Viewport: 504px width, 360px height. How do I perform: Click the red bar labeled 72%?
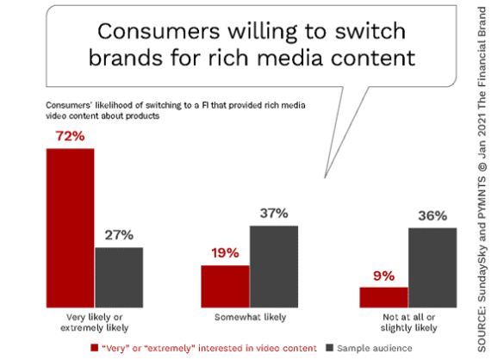(70, 228)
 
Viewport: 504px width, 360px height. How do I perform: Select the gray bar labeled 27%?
(119, 277)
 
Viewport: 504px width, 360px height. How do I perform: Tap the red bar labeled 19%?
(225, 287)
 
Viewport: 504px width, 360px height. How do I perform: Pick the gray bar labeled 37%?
(274, 267)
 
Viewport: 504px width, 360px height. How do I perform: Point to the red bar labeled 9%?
(383, 297)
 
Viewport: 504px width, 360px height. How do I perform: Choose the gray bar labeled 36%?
(432, 268)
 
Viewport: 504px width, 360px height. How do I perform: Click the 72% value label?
(70, 136)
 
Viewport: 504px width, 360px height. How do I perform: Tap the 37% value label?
(274, 214)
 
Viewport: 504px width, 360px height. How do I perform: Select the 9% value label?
(383, 276)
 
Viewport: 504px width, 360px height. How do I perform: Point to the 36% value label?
(432, 216)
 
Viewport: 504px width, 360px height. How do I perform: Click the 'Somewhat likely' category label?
(250, 317)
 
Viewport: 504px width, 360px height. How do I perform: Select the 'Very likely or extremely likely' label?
(95, 322)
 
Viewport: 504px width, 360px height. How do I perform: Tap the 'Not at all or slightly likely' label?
(409, 322)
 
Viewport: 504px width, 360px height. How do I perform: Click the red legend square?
(94, 348)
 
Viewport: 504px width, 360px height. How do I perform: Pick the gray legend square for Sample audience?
(329, 348)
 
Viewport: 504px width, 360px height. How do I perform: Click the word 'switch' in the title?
(370, 31)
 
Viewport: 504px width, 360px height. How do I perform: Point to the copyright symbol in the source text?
(482, 167)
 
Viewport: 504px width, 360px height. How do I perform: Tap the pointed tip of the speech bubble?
(325, 177)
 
